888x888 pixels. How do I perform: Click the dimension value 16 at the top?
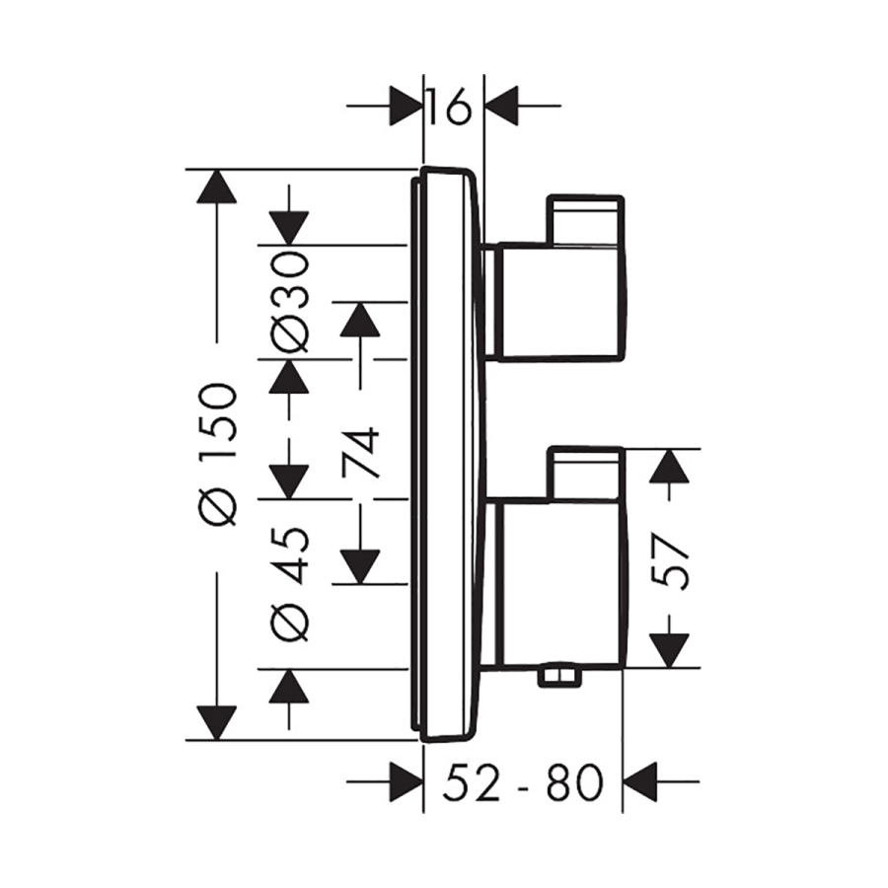pyautogui.click(x=452, y=107)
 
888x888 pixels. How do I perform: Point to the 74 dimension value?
pyautogui.click(x=362, y=452)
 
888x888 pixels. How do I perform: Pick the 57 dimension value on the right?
pyautogui.click(x=671, y=559)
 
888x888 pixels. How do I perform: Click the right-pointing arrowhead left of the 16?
pyautogui.click(x=405, y=107)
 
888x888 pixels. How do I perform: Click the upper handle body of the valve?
pyautogui.click(x=557, y=301)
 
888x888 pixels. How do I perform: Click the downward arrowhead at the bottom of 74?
pyautogui.click(x=362, y=565)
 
